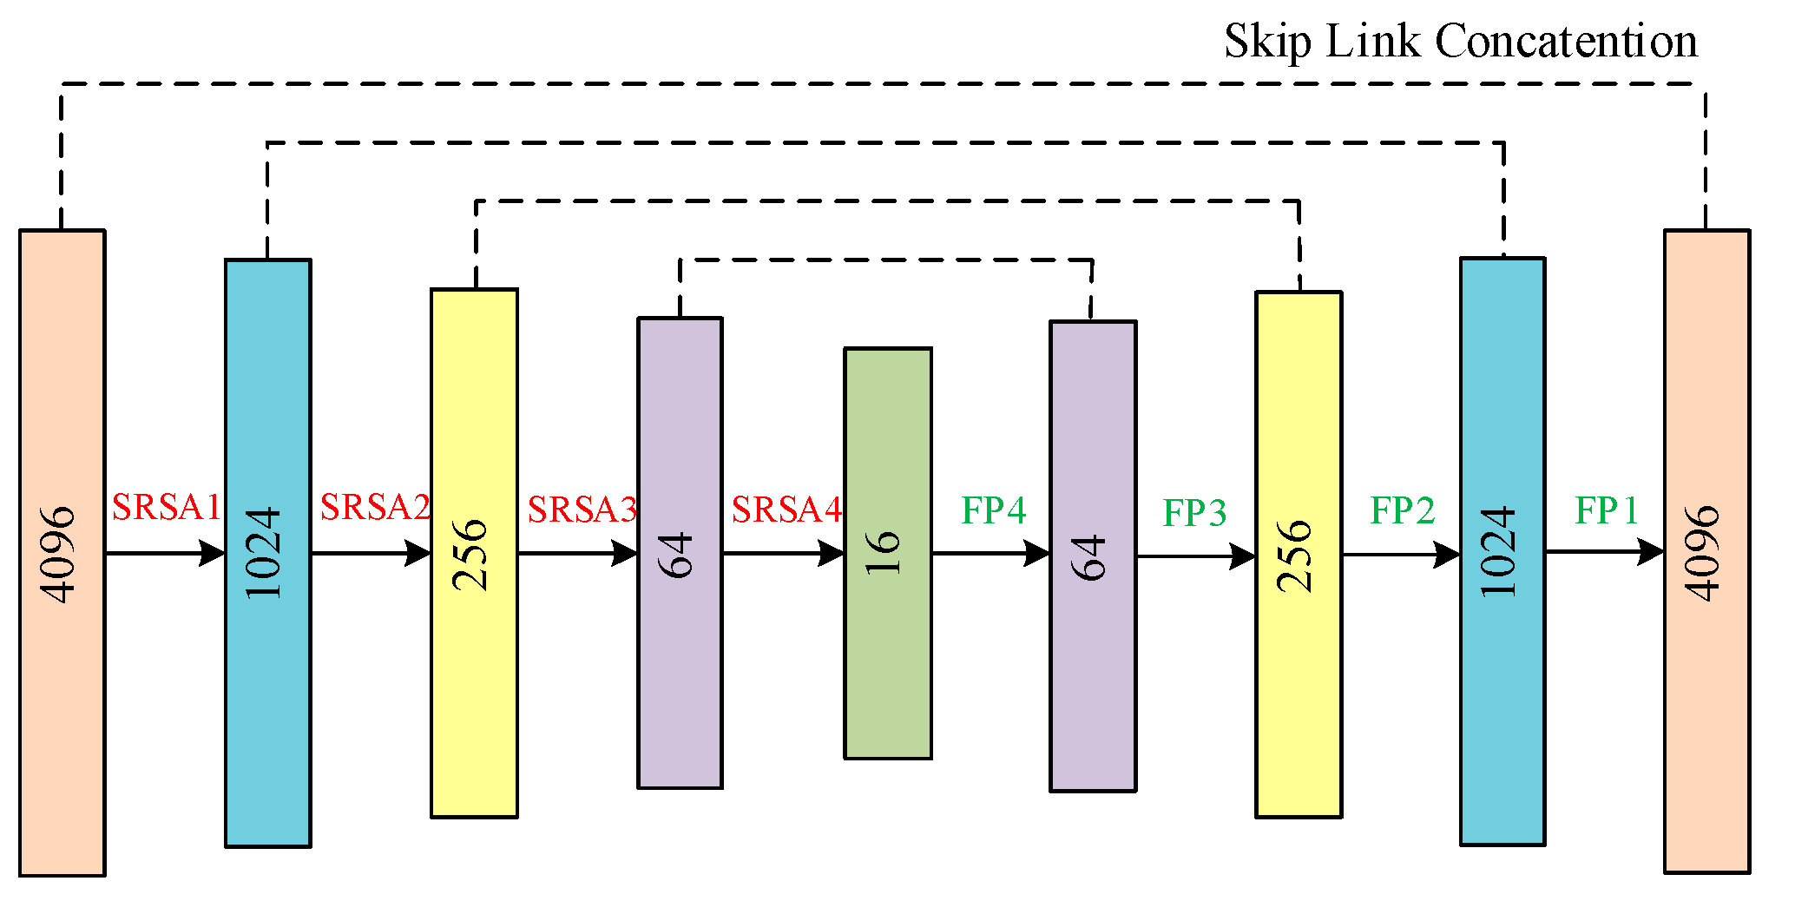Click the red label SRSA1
point(167,508)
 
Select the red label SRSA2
point(375,508)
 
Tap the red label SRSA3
point(582,510)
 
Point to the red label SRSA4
point(786,510)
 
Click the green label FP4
point(993,510)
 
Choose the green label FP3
point(1194,513)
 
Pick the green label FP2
point(1402,510)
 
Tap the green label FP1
point(1607,510)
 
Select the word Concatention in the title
point(1566,41)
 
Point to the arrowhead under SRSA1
point(212,553)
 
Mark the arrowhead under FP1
point(1651,551)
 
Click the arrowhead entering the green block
point(832,553)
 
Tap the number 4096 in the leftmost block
point(58,553)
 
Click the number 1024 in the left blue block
point(265,553)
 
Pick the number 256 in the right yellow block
point(1295,556)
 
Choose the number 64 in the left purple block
point(677,555)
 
